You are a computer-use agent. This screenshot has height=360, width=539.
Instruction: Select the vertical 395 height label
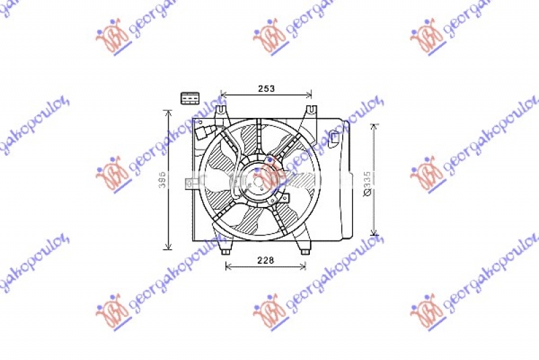pyautogui.click(x=162, y=179)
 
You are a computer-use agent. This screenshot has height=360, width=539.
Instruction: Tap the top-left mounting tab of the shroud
pyautogui.click(x=222, y=109)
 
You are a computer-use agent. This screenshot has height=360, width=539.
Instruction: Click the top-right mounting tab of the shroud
pyautogui.click(x=310, y=109)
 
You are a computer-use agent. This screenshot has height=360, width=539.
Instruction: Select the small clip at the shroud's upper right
pyautogui.click(x=335, y=140)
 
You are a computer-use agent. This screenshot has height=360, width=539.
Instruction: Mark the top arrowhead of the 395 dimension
pyautogui.click(x=168, y=112)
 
